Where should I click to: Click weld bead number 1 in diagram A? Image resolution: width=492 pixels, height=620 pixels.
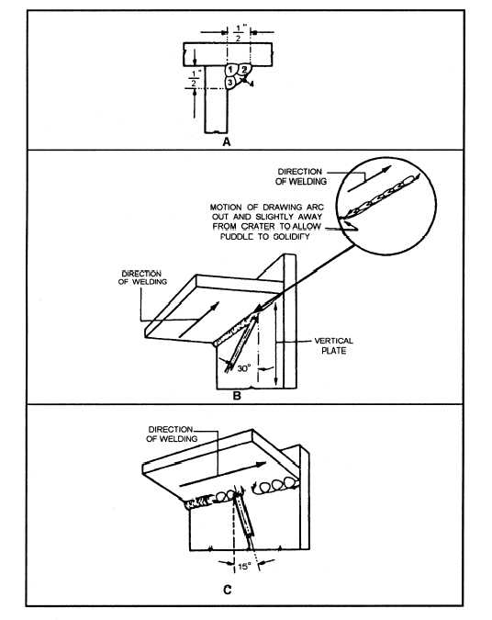[x=230, y=70]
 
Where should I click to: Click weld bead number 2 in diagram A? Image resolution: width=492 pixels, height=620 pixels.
[x=244, y=70]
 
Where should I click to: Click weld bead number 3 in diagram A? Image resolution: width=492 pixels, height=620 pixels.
[x=230, y=83]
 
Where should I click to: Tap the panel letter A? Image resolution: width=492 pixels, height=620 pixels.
[x=227, y=141]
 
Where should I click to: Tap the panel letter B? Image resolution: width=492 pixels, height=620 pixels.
[x=237, y=395]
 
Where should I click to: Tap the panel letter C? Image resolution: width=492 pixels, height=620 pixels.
[x=228, y=590]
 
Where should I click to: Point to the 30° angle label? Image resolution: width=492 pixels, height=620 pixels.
[x=244, y=368]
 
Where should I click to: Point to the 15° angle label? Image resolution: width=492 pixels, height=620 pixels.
[x=244, y=566]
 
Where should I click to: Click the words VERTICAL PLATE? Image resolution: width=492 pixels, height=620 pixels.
[x=334, y=345]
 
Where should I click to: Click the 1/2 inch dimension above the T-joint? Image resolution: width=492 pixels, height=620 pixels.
[x=240, y=33]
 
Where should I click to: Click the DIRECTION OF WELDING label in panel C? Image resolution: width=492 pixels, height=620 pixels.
[x=171, y=434]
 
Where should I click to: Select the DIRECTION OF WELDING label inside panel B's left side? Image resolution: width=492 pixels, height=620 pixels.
[x=142, y=277]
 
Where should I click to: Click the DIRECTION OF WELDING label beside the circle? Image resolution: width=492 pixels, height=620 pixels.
[x=301, y=176]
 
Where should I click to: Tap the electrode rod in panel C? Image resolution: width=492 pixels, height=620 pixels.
[x=243, y=519]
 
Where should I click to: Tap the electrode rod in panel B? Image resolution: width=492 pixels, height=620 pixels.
[x=241, y=342]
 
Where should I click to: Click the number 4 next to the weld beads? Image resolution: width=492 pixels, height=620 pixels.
[x=252, y=84]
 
